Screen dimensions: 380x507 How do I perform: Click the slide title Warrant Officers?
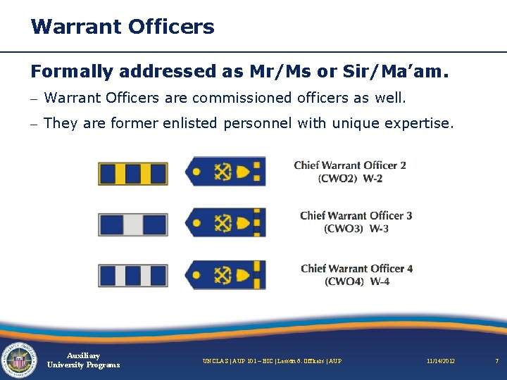(x=123, y=27)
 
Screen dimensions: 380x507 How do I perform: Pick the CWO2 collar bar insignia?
(x=133, y=172)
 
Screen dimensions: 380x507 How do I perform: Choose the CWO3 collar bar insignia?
(x=133, y=224)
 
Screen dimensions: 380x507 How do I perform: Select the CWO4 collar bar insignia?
(x=133, y=275)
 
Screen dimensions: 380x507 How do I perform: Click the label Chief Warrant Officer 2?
(x=350, y=165)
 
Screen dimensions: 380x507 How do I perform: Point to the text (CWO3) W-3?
(x=356, y=229)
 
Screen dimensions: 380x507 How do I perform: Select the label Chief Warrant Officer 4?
(x=356, y=268)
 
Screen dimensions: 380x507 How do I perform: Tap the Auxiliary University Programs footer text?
(x=83, y=360)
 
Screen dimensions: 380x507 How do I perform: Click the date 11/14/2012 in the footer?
(x=440, y=361)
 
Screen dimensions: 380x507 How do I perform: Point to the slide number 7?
(x=496, y=361)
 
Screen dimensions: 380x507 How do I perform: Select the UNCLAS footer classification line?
(x=272, y=361)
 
